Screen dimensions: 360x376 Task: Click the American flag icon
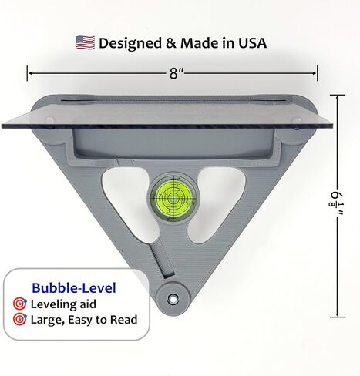point(85,42)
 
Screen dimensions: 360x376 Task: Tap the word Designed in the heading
point(130,43)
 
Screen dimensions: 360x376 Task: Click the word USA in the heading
point(252,43)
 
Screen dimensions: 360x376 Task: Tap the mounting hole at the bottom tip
point(173,298)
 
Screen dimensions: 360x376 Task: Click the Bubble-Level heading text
point(74,288)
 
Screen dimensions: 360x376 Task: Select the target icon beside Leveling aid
point(20,304)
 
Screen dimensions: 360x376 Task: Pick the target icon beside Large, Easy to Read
point(20,319)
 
